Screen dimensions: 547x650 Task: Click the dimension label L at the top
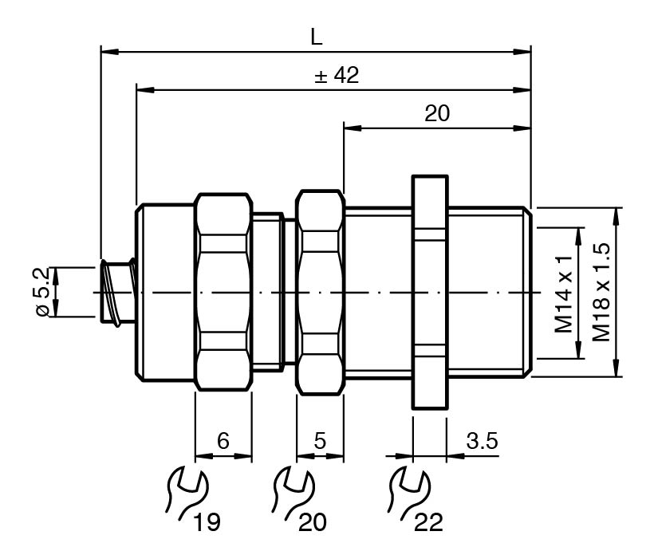tap(316, 37)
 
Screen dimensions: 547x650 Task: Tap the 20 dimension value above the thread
tap(436, 113)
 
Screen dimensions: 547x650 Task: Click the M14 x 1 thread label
tap(565, 294)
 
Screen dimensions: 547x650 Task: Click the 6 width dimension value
tap(223, 441)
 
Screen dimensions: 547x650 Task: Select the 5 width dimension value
tap(320, 441)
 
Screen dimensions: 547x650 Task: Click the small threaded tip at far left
tap(116, 292)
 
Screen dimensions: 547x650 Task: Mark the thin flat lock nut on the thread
tap(430, 293)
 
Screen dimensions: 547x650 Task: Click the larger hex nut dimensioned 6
tap(224, 293)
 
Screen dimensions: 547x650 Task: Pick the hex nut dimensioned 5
tap(321, 293)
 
